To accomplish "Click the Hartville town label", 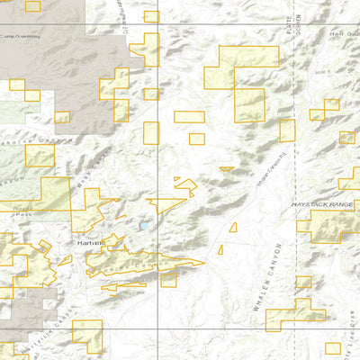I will pyautogui.click(x=91, y=243).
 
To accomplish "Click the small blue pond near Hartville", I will pyautogui.click(x=142, y=228).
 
